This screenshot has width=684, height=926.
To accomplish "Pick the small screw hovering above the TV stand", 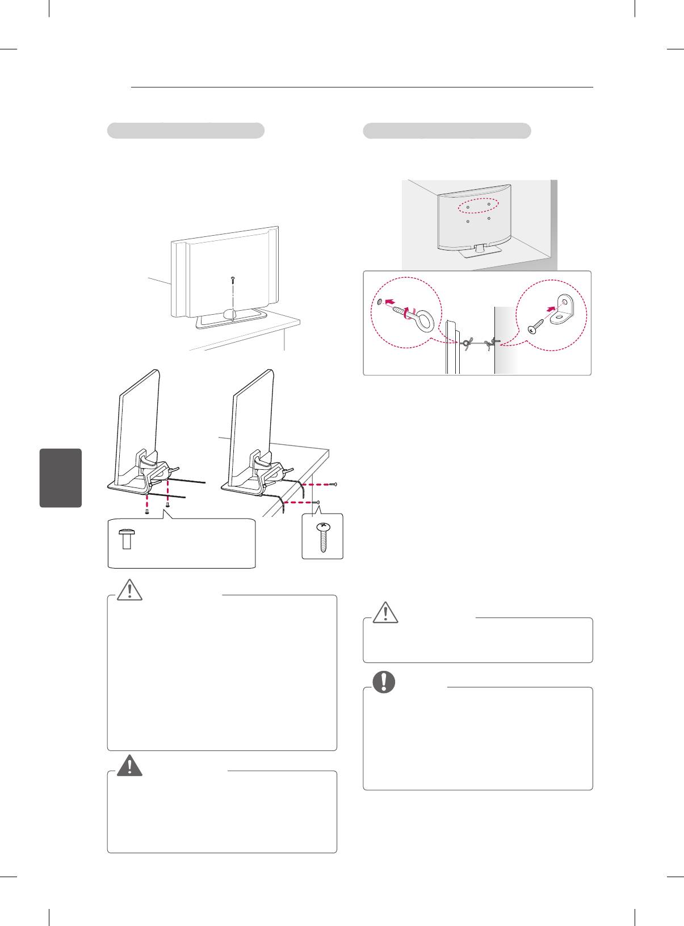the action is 233,280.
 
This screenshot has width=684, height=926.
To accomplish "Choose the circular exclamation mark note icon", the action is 384,682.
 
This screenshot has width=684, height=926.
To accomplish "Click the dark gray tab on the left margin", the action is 61,478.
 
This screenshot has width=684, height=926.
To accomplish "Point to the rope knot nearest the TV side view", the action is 467,344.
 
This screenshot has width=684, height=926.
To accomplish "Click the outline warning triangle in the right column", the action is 385,612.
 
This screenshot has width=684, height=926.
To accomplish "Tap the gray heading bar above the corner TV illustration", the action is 447,131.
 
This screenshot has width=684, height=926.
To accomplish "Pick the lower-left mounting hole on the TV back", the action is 468,222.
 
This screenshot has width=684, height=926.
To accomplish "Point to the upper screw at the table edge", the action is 335,484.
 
